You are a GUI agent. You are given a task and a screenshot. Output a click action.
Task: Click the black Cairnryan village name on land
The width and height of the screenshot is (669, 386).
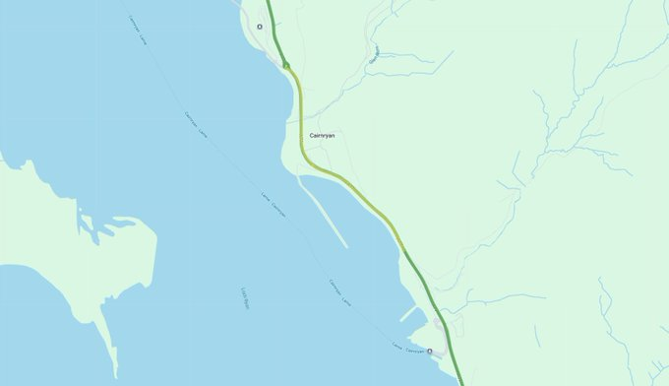tap(322, 135)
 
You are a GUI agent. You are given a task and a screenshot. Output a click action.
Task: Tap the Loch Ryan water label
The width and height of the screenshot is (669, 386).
tap(244, 298)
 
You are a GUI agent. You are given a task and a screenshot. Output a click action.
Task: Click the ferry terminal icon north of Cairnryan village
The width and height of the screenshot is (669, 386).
tap(260, 27)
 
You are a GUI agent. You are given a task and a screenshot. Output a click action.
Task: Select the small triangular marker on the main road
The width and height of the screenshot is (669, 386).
tap(286, 65)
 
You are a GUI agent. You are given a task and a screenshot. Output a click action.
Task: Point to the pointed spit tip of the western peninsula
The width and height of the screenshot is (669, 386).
tap(115, 375)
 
